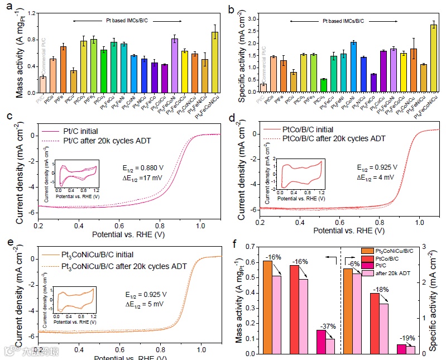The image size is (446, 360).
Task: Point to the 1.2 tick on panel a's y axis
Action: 31,13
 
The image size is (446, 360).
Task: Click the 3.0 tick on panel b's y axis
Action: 257,19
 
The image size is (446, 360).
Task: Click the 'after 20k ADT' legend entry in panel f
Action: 397,273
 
